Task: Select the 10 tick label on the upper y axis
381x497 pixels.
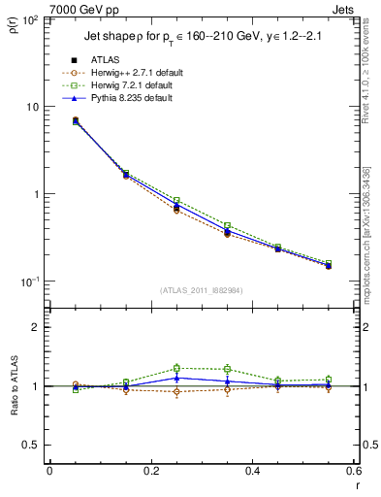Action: pos(31,107)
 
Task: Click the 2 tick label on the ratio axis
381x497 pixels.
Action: pos(36,327)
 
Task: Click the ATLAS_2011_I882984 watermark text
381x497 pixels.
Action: pos(201,290)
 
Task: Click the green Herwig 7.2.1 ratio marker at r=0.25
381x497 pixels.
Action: pos(176,368)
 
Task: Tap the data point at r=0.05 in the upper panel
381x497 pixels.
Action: pos(76,120)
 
